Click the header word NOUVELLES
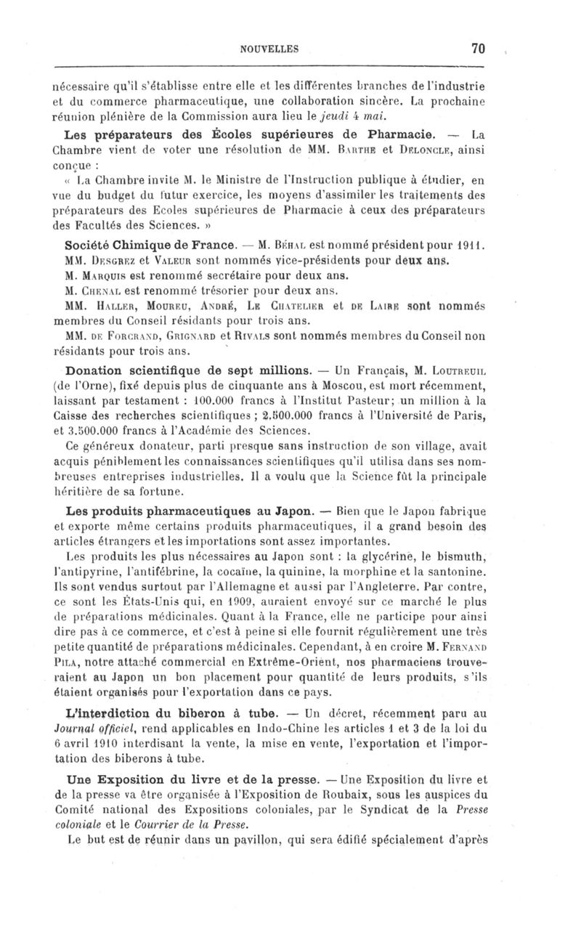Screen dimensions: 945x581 270,49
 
